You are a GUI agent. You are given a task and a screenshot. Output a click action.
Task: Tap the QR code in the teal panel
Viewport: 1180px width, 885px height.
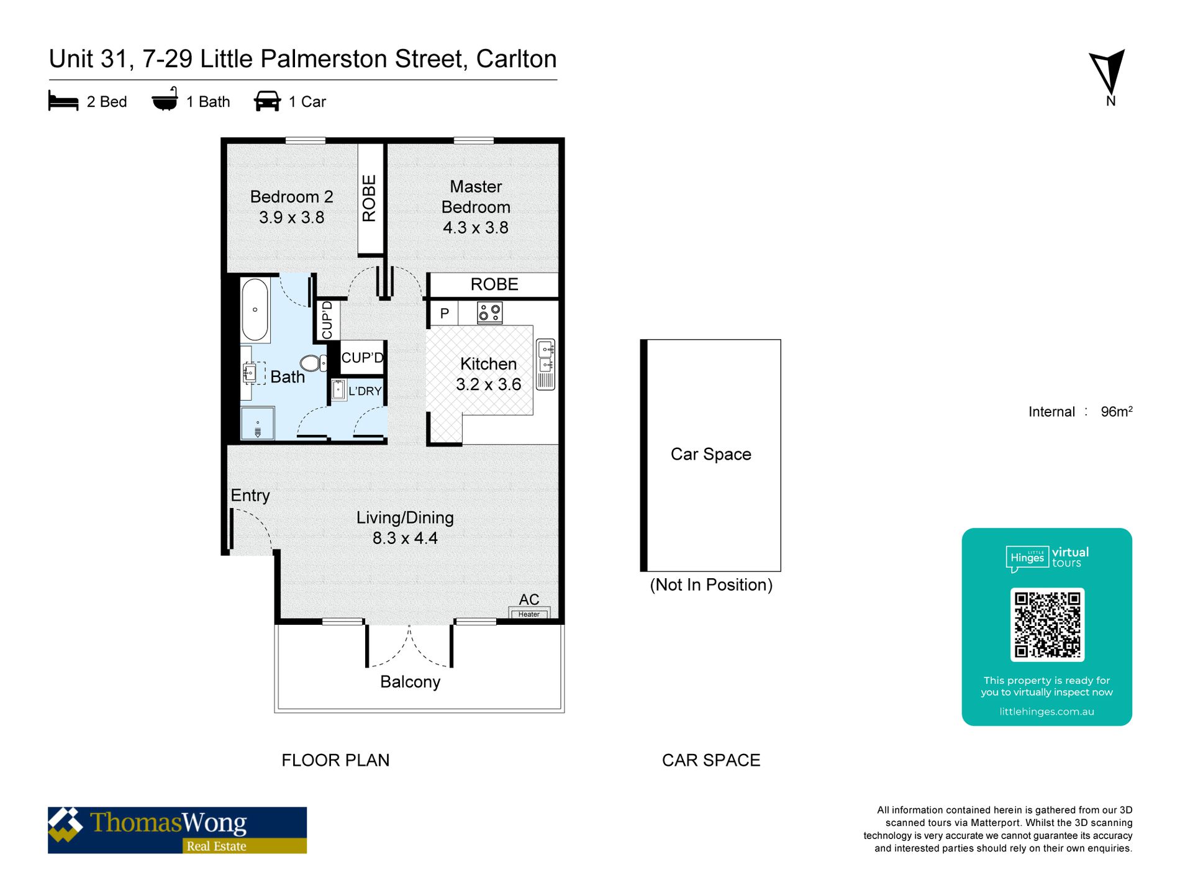pyautogui.click(x=1047, y=624)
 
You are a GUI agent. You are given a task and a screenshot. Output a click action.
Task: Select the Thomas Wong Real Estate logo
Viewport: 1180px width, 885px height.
pyautogui.click(x=177, y=830)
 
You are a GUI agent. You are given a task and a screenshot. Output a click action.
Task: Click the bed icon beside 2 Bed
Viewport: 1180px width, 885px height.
pyautogui.click(x=63, y=101)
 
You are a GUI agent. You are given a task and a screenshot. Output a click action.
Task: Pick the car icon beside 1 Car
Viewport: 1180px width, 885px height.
pyautogui.click(x=267, y=101)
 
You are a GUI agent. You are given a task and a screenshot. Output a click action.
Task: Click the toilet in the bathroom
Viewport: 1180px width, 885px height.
pyautogui.click(x=313, y=363)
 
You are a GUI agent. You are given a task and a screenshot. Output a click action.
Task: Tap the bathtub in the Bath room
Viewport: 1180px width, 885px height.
pyautogui.click(x=255, y=310)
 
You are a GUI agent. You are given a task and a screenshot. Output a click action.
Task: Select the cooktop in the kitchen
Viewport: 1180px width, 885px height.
pyautogui.click(x=489, y=312)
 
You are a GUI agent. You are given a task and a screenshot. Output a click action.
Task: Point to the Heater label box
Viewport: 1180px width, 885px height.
pyautogui.click(x=529, y=614)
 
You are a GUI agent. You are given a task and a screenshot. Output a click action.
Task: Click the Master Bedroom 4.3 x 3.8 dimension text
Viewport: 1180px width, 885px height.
pyautogui.click(x=476, y=227)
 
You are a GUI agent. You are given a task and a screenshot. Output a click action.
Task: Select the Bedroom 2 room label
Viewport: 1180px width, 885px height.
pyautogui.click(x=291, y=197)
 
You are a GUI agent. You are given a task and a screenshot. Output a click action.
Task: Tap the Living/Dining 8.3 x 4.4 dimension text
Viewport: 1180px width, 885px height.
pyautogui.click(x=405, y=538)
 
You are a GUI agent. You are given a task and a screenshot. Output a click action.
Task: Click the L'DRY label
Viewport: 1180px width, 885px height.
pyautogui.click(x=365, y=391)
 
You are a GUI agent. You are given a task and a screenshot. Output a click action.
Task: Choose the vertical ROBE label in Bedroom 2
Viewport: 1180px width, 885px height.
pyautogui.click(x=369, y=198)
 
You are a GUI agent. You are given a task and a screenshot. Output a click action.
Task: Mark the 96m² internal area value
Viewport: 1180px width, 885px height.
pyautogui.click(x=1117, y=411)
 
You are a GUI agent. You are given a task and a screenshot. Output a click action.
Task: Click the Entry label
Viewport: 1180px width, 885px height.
pyautogui.click(x=250, y=496)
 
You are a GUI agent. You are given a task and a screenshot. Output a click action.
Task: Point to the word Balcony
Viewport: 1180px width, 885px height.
pyautogui.click(x=410, y=682)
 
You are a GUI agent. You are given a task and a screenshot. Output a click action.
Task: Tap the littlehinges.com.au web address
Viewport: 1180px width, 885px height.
pyautogui.click(x=1046, y=712)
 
